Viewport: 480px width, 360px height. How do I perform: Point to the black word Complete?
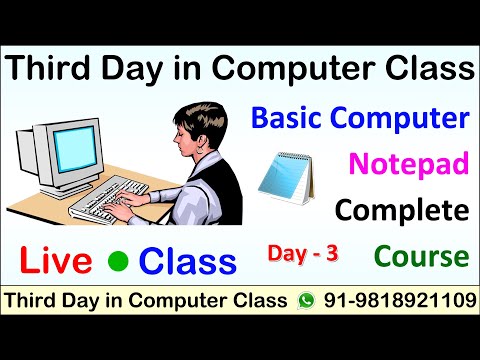402,210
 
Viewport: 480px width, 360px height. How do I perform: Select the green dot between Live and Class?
118,262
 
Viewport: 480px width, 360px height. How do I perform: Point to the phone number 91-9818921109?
396,301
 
